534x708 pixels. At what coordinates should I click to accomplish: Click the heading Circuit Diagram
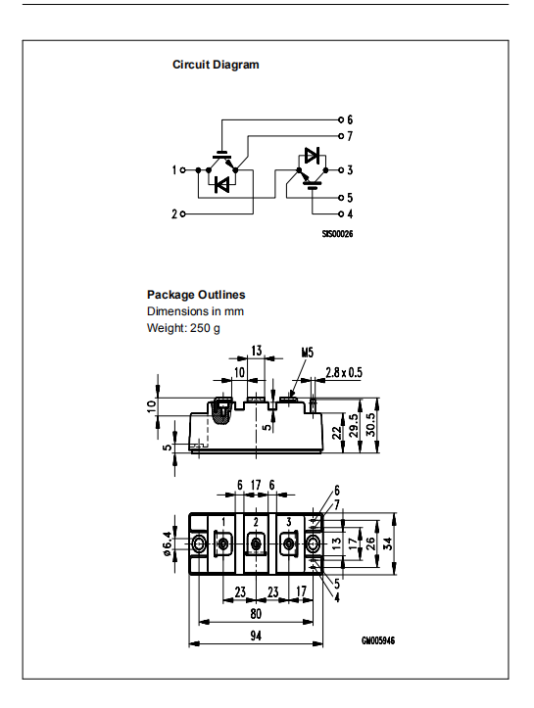point(216,65)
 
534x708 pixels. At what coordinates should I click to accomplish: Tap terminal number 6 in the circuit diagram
point(349,119)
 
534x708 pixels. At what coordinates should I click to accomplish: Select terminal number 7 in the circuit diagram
point(349,135)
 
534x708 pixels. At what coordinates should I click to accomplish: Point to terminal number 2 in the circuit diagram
point(175,213)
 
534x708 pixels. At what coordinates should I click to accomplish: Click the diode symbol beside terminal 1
point(222,183)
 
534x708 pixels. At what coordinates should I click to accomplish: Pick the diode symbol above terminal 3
point(312,155)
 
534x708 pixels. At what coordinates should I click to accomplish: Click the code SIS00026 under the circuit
point(336,235)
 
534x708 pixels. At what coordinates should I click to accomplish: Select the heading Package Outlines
point(196,295)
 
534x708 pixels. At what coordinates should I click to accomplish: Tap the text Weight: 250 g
point(183,327)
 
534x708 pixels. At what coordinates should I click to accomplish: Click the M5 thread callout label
point(307,352)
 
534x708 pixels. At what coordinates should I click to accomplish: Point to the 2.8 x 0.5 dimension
point(343,372)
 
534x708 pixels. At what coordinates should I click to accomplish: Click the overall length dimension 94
point(255,635)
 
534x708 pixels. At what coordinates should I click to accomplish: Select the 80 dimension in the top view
point(255,614)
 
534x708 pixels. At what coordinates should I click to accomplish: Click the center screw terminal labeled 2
point(256,543)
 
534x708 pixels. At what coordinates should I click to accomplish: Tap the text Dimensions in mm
point(195,311)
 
